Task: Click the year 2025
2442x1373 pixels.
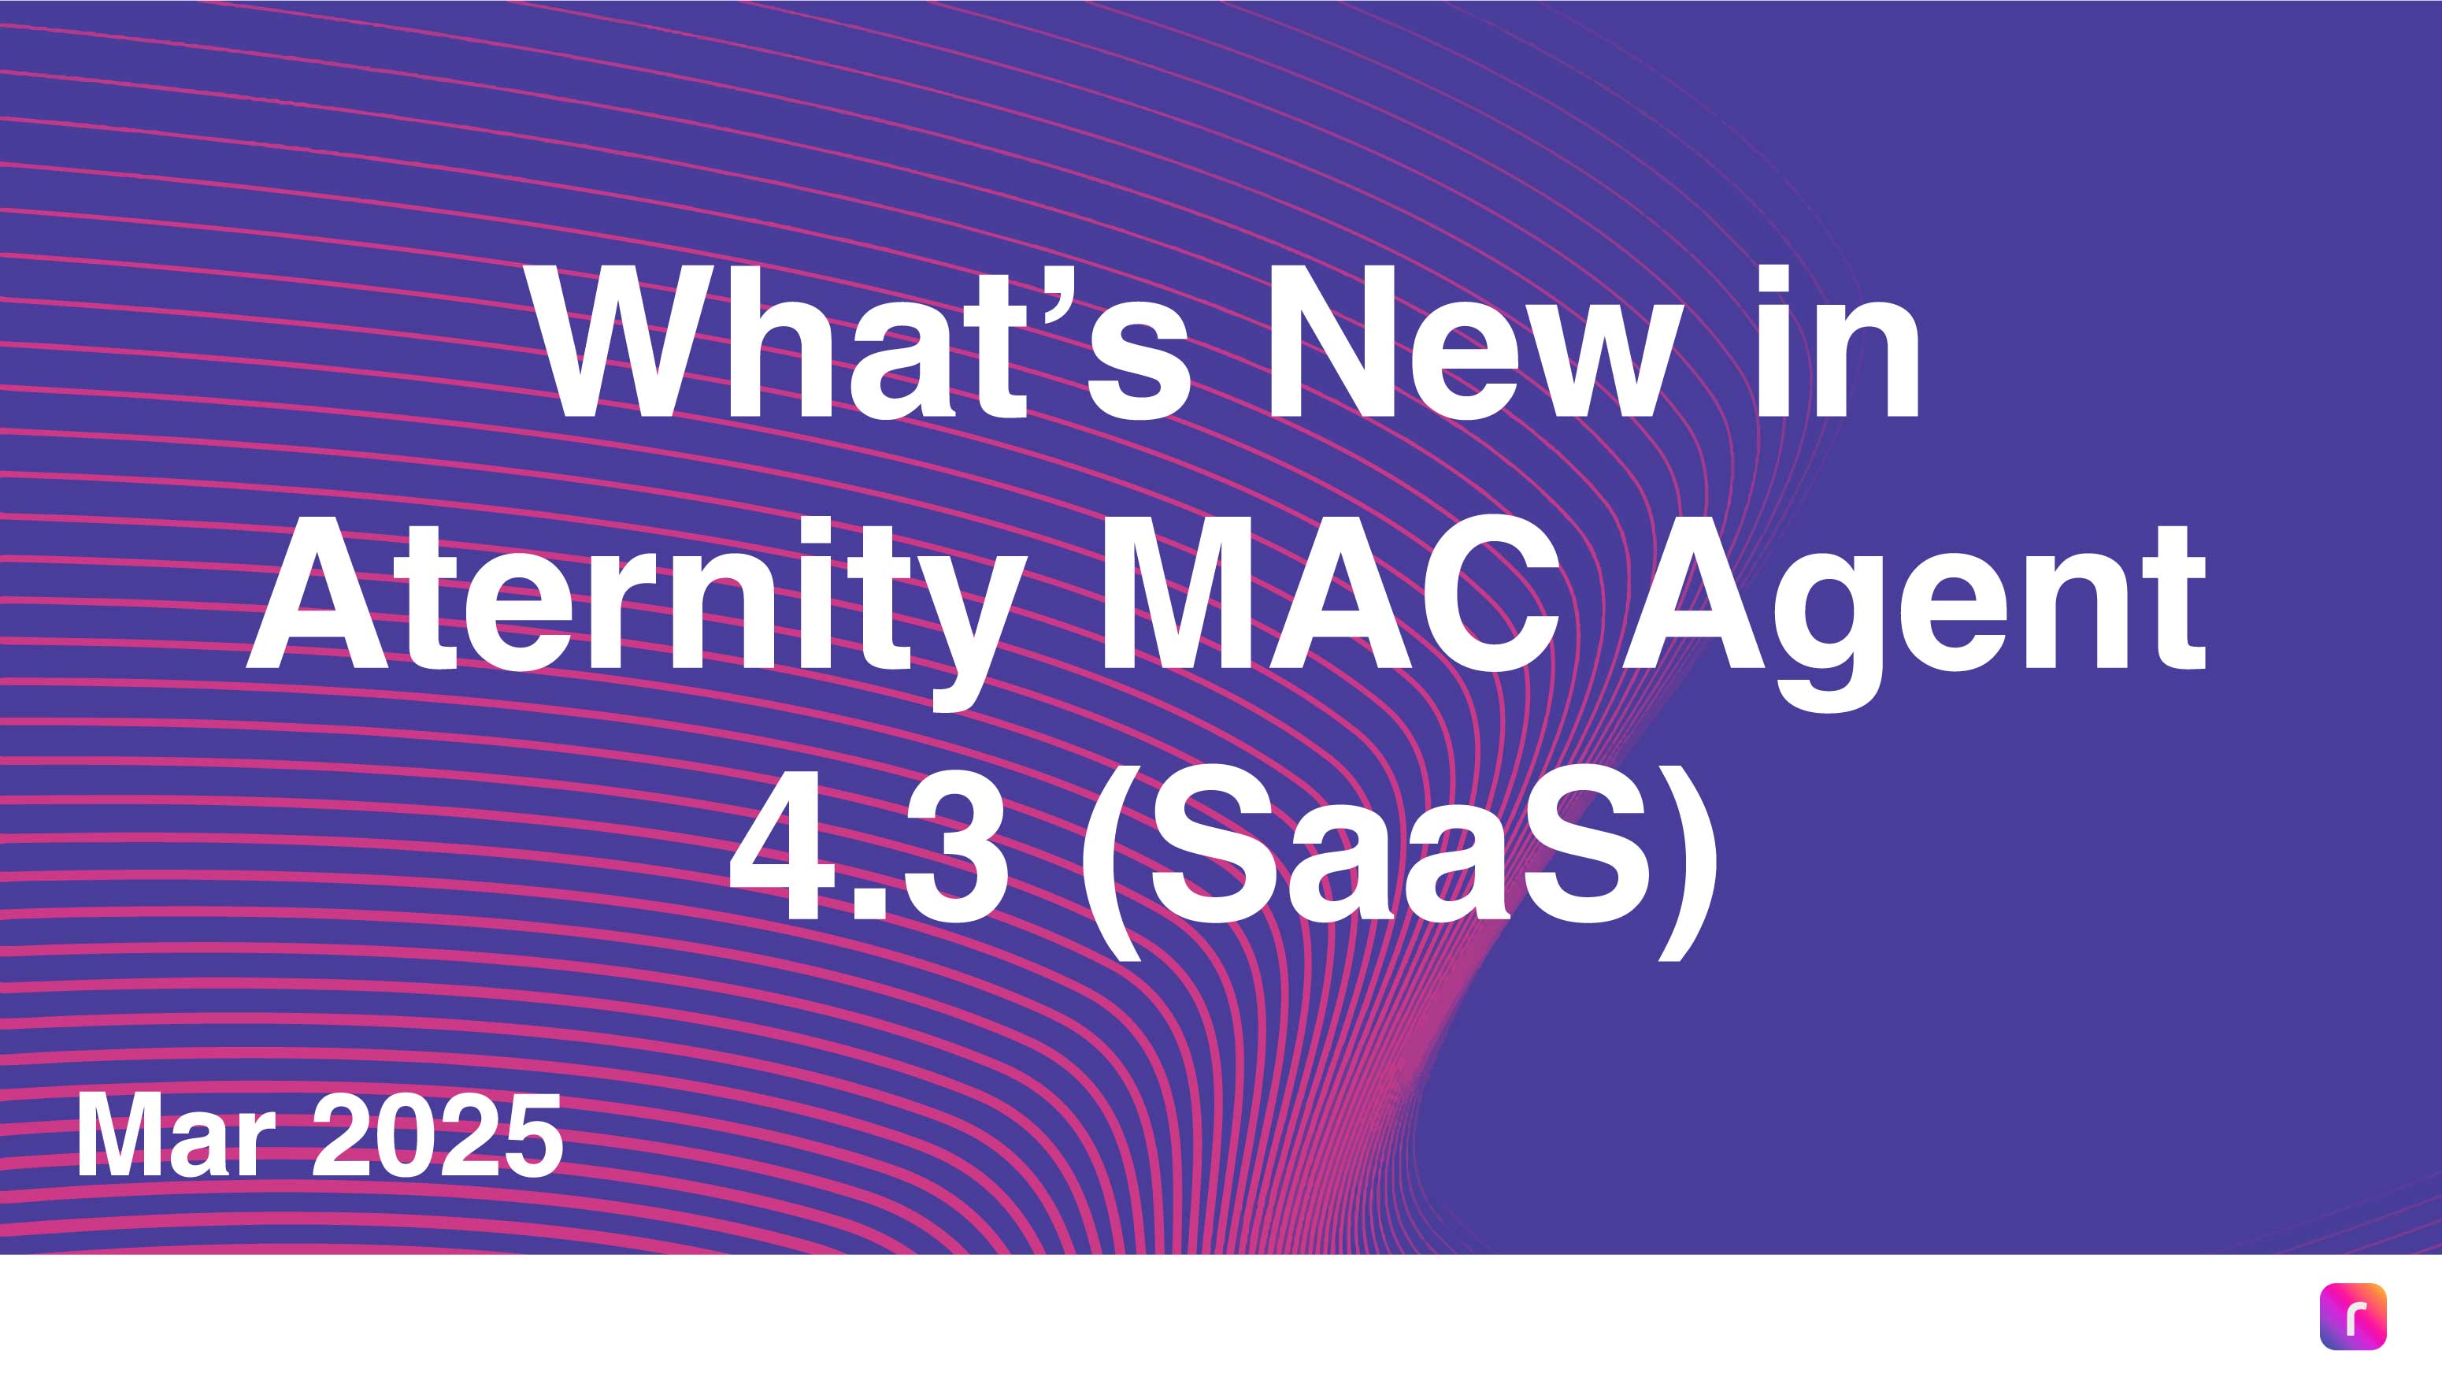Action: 437,1136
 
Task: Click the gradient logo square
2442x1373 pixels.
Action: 2353,1316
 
